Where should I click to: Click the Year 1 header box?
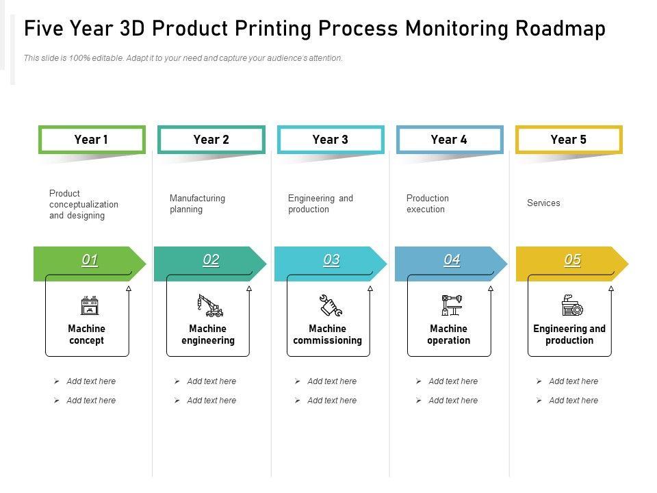tap(92, 140)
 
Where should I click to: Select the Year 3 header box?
tap(330, 140)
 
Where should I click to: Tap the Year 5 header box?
tap(568, 140)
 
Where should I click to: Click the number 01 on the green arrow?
tap(90, 260)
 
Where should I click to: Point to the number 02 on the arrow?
tap(211, 260)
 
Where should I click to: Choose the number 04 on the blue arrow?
tap(452, 260)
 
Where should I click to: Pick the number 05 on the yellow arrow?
tap(572, 260)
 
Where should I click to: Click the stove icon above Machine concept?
tap(89, 306)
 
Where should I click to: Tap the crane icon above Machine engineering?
tap(210, 305)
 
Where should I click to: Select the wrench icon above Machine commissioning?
tap(331, 305)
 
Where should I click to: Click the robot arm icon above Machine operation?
tap(451, 305)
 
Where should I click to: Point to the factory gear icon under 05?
tap(571, 305)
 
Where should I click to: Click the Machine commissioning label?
tap(327, 335)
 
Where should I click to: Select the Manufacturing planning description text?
tap(197, 204)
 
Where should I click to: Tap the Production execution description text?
tap(427, 204)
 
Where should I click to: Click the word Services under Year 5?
tap(543, 203)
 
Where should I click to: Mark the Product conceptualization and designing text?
tap(83, 204)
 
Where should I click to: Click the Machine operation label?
tap(448, 335)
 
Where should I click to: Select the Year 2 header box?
tap(211, 140)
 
